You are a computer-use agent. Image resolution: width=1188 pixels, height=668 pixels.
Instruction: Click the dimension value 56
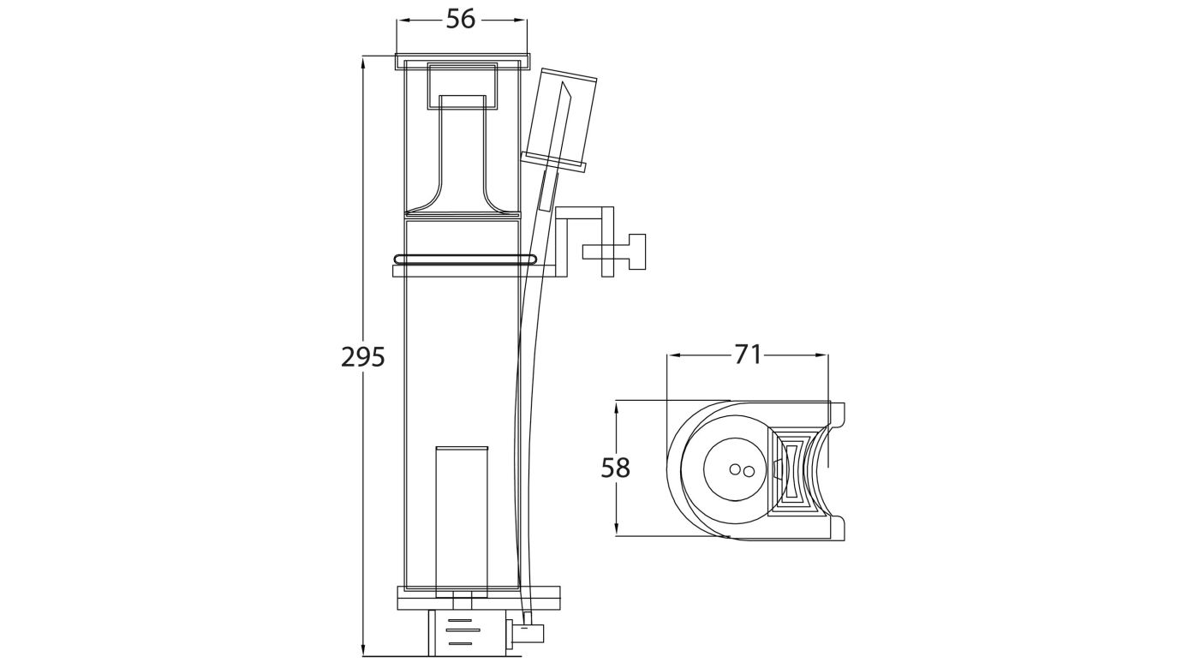[461, 20]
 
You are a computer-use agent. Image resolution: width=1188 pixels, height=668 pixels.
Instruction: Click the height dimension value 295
[363, 356]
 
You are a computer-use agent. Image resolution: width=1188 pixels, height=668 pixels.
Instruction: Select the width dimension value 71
[748, 354]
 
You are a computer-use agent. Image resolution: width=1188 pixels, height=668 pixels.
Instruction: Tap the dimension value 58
[616, 468]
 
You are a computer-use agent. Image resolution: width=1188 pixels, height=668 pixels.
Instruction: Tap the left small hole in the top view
[734, 469]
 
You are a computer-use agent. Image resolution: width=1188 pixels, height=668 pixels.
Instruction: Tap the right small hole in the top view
[748, 470]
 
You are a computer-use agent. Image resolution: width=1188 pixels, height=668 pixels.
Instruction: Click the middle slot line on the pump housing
[460, 630]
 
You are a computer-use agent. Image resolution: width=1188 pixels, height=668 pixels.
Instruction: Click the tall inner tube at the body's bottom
[461, 518]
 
